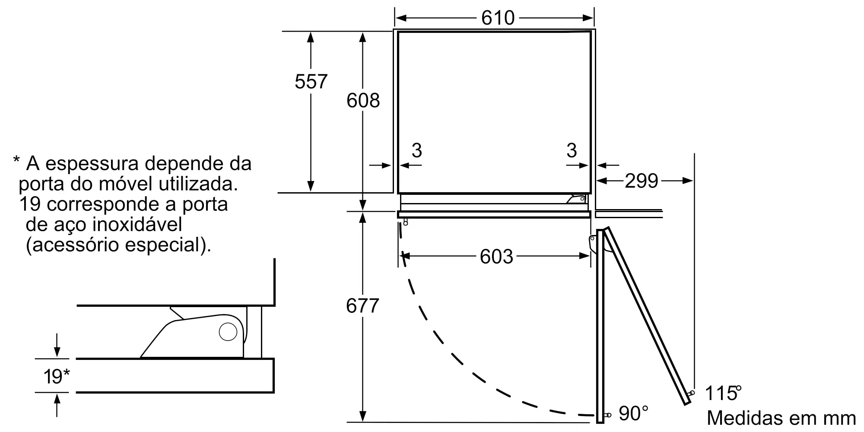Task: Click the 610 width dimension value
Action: coord(498,18)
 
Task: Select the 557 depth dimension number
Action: coord(311,82)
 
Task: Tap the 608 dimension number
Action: coord(363,101)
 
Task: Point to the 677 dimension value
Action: coord(362,306)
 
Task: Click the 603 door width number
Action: coord(496,257)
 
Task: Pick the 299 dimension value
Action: coord(641,181)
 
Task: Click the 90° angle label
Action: coord(633,413)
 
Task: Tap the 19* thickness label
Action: coord(56,377)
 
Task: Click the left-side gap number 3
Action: coord(416,150)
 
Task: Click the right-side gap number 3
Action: coord(572,150)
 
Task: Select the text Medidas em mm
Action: coord(781,418)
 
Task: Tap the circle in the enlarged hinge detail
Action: coord(228,332)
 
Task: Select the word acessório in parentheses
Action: coord(77,245)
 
